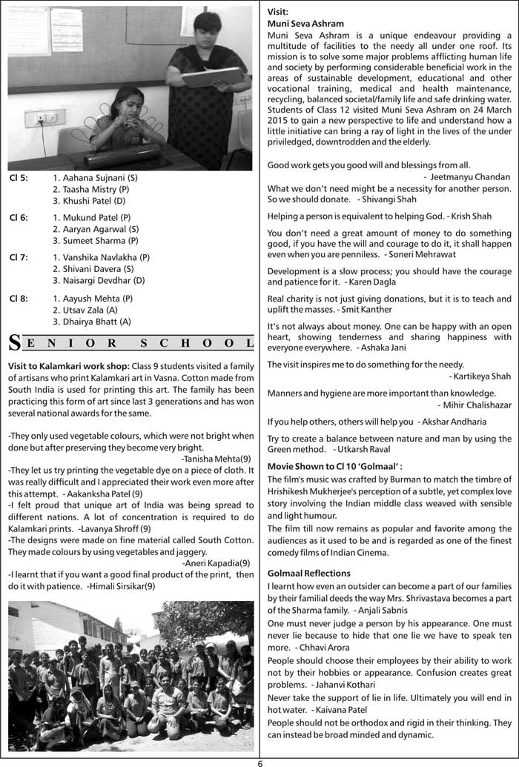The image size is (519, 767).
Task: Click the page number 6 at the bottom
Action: click(260, 760)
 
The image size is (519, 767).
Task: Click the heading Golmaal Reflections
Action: click(309, 574)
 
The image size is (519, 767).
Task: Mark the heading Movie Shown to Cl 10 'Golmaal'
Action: click(334, 467)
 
